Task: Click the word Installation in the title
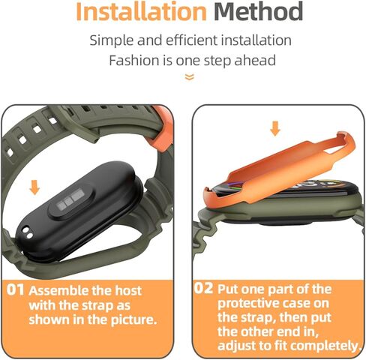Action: coord(141,12)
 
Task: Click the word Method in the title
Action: coord(257,12)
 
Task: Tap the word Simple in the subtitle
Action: coord(115,40)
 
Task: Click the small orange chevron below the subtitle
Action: coord(189,76)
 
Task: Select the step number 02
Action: coord(203,288)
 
